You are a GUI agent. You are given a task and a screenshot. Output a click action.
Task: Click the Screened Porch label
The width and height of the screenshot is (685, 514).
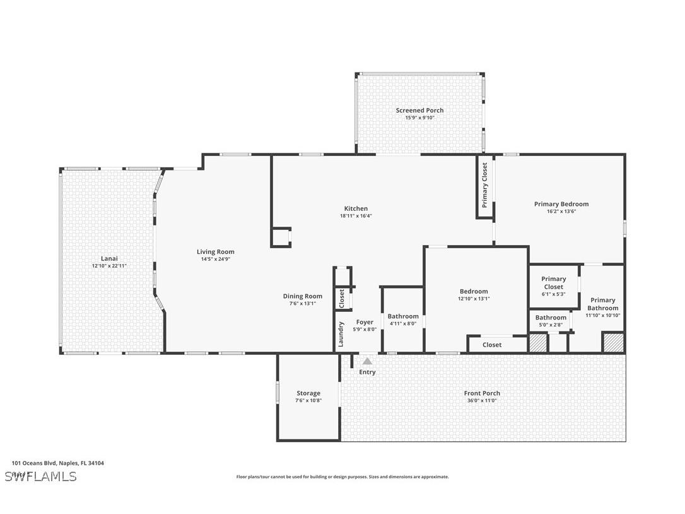click(419, 111)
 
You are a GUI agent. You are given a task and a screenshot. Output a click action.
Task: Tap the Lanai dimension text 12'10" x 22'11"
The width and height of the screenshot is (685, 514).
click(109, 266)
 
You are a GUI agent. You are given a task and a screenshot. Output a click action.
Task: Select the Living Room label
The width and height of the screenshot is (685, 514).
click(215, 252)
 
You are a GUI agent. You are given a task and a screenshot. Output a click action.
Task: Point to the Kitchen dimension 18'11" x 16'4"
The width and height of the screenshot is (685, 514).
click(356, 216)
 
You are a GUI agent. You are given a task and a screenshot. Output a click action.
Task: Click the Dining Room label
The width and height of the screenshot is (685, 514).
click(303, 296)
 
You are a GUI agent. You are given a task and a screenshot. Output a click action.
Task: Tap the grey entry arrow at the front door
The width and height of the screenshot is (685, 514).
click(367, 362)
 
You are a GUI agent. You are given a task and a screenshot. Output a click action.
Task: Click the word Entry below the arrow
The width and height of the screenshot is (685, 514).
click(367, 372)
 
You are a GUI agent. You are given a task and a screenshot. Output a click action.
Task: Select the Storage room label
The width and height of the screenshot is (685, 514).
click(308, 393)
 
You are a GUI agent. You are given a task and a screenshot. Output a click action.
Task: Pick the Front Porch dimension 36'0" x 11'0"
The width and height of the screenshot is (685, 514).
click(482, 400)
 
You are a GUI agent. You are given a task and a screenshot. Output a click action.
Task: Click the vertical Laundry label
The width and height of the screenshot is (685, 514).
click(341, 335)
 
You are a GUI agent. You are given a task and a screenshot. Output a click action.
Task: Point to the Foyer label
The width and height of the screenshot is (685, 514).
click(365, 322)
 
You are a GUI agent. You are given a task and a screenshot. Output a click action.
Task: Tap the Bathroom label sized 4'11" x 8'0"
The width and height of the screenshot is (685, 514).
click(403, 316)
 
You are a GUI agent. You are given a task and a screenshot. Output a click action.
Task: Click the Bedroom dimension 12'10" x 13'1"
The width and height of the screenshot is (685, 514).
click(474, 299)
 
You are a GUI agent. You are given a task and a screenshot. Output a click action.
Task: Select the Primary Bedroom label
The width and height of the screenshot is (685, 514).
click(561, 204)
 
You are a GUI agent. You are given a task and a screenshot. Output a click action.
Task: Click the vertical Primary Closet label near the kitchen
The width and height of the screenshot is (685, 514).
click(484, 186)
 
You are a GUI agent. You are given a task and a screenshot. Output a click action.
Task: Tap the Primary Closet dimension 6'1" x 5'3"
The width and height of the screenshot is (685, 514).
click(553, 294)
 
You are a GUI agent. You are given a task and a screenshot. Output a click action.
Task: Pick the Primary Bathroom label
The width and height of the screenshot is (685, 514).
click(602, 304)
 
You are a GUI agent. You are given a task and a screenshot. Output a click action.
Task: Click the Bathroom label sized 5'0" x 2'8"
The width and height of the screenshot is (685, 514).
click(551, 318)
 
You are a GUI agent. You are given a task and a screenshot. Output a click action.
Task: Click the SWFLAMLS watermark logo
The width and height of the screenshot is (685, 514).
click(40, 476)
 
